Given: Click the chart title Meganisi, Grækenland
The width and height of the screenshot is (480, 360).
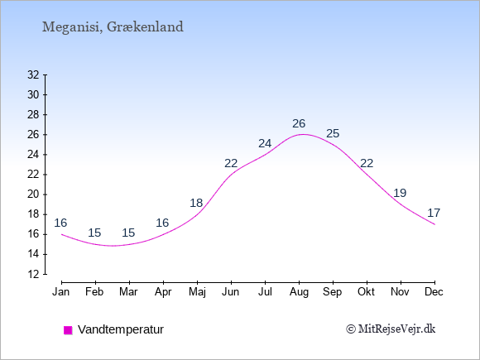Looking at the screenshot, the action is (113, 27).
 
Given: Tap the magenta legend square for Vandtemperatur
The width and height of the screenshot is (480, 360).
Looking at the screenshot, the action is (68, 330).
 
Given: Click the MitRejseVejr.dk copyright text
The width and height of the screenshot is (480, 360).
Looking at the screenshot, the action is (391, 329).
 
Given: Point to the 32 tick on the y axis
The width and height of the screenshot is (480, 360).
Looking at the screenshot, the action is (33, 74).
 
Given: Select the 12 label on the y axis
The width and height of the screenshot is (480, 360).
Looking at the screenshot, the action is (33, 274).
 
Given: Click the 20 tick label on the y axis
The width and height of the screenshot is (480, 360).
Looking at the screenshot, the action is (33, 194).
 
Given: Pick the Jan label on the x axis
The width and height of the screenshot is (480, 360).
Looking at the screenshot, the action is (61, 292).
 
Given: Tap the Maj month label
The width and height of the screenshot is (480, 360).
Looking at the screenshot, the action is (197, 292).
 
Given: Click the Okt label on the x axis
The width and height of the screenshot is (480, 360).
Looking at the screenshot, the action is (366, 292).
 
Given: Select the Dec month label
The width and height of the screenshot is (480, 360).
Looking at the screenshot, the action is (434, 292).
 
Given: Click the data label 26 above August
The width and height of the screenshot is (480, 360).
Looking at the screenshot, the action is (299, 123).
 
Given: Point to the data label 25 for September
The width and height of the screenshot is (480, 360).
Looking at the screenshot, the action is (333, 133).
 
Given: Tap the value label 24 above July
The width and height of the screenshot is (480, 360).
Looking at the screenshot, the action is (265, 143).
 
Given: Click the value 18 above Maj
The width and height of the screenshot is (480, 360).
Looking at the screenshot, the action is (196, 203).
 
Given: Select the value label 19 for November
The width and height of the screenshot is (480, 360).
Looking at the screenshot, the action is (400, 193).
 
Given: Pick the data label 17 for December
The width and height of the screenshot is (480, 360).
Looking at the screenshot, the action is (434, 213).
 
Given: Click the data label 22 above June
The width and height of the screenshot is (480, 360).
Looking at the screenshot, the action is (231, 164).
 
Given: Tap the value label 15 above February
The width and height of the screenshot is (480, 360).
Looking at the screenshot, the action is (94, 233).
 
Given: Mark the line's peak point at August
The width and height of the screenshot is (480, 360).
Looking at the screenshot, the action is (303, 134).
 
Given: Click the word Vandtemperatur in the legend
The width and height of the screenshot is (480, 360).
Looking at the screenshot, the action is (121, 329).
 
